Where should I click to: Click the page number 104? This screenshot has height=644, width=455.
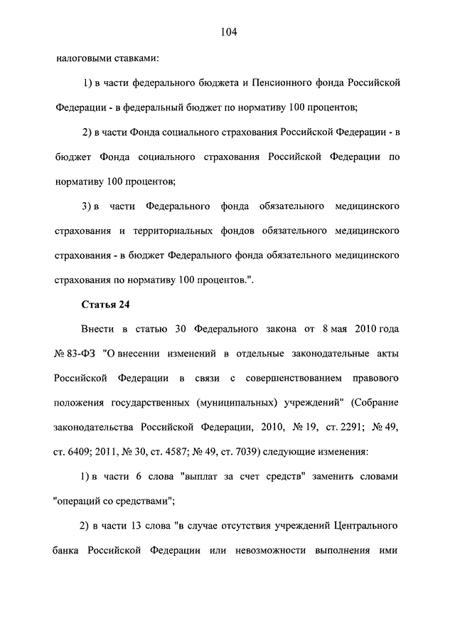pos(227,31)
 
